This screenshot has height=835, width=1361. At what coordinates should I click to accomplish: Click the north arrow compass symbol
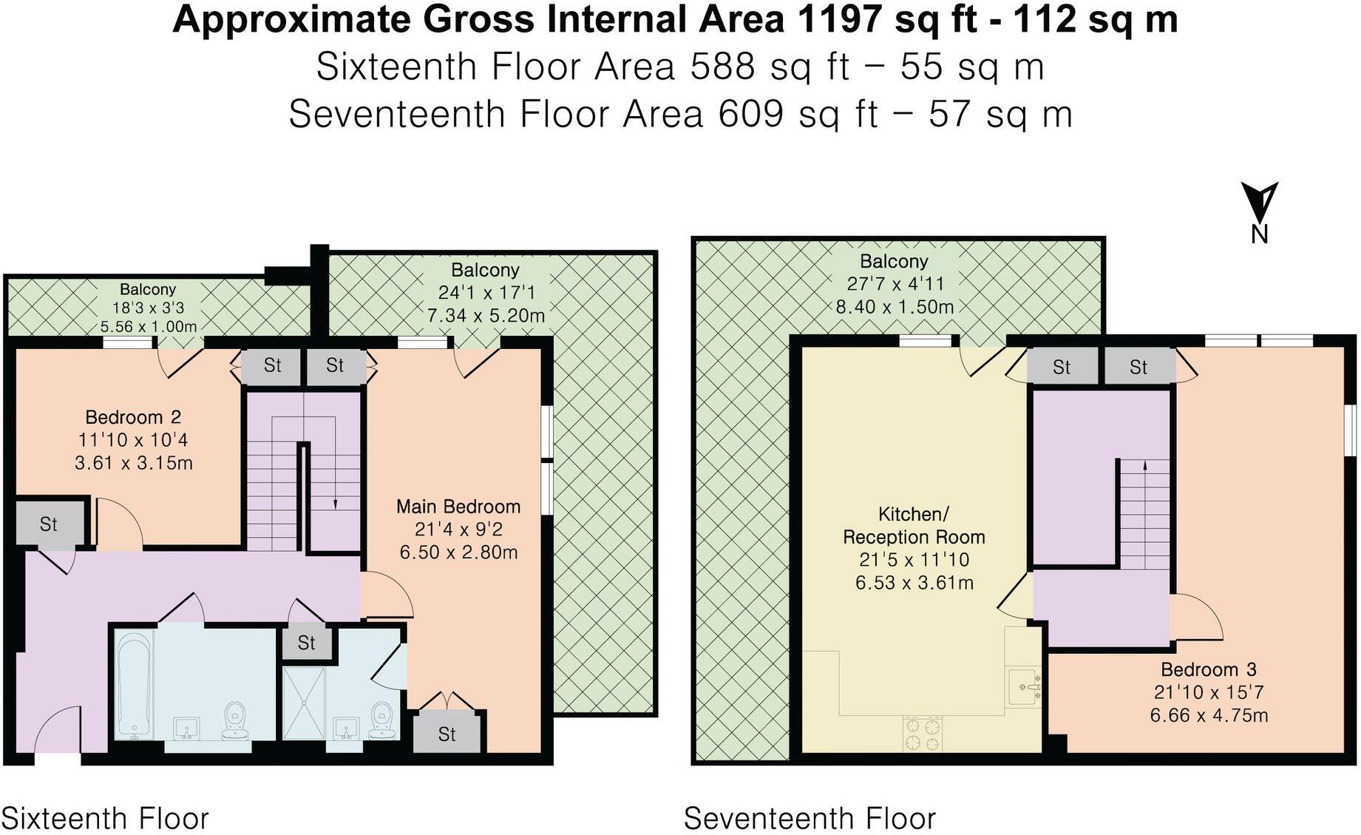click(1259, 203)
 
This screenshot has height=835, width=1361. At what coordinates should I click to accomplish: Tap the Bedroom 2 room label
click(133, 417)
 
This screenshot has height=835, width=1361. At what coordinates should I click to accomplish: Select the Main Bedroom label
click(458, 507)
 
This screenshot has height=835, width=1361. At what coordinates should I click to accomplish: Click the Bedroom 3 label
click(1209, 670)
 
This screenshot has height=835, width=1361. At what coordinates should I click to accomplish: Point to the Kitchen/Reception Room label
click(914, 525)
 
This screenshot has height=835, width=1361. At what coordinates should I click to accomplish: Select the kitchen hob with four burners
click(923, 734)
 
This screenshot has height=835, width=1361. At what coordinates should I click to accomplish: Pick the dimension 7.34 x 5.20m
click(486, 316)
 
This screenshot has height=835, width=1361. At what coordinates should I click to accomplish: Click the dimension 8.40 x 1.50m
click(895, 307)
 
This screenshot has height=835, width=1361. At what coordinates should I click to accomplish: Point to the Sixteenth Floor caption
click(105, 819)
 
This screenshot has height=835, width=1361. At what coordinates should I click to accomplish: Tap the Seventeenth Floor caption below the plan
click(810, 819)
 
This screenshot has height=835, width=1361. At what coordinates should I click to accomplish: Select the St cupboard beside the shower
click(307, 643)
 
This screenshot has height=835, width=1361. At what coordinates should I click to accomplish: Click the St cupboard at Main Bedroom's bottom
click(447, 734)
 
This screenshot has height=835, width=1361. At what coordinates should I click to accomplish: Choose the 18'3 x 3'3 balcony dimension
click(147, 308)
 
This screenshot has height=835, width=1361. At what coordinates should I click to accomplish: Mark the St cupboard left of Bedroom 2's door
click(49, 524)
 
